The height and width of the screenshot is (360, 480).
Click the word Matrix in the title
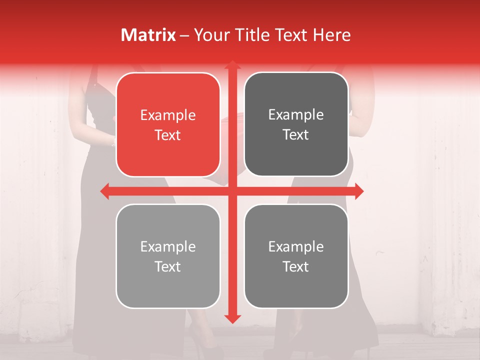tap(148, 35)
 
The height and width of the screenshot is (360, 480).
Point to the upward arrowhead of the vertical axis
tap(232, 65)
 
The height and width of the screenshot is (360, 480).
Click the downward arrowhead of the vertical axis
tap(232, 318)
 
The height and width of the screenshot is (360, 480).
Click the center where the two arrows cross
tap(232, 191)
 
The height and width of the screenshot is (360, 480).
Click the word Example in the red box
tap(168, 115)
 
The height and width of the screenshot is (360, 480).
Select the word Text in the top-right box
tap(296, 135)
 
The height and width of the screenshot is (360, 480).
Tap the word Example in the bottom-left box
tap(168, 247)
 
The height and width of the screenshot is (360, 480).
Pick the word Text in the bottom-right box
tap(296, 267)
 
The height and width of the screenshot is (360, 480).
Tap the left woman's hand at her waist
tap(113, 142)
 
